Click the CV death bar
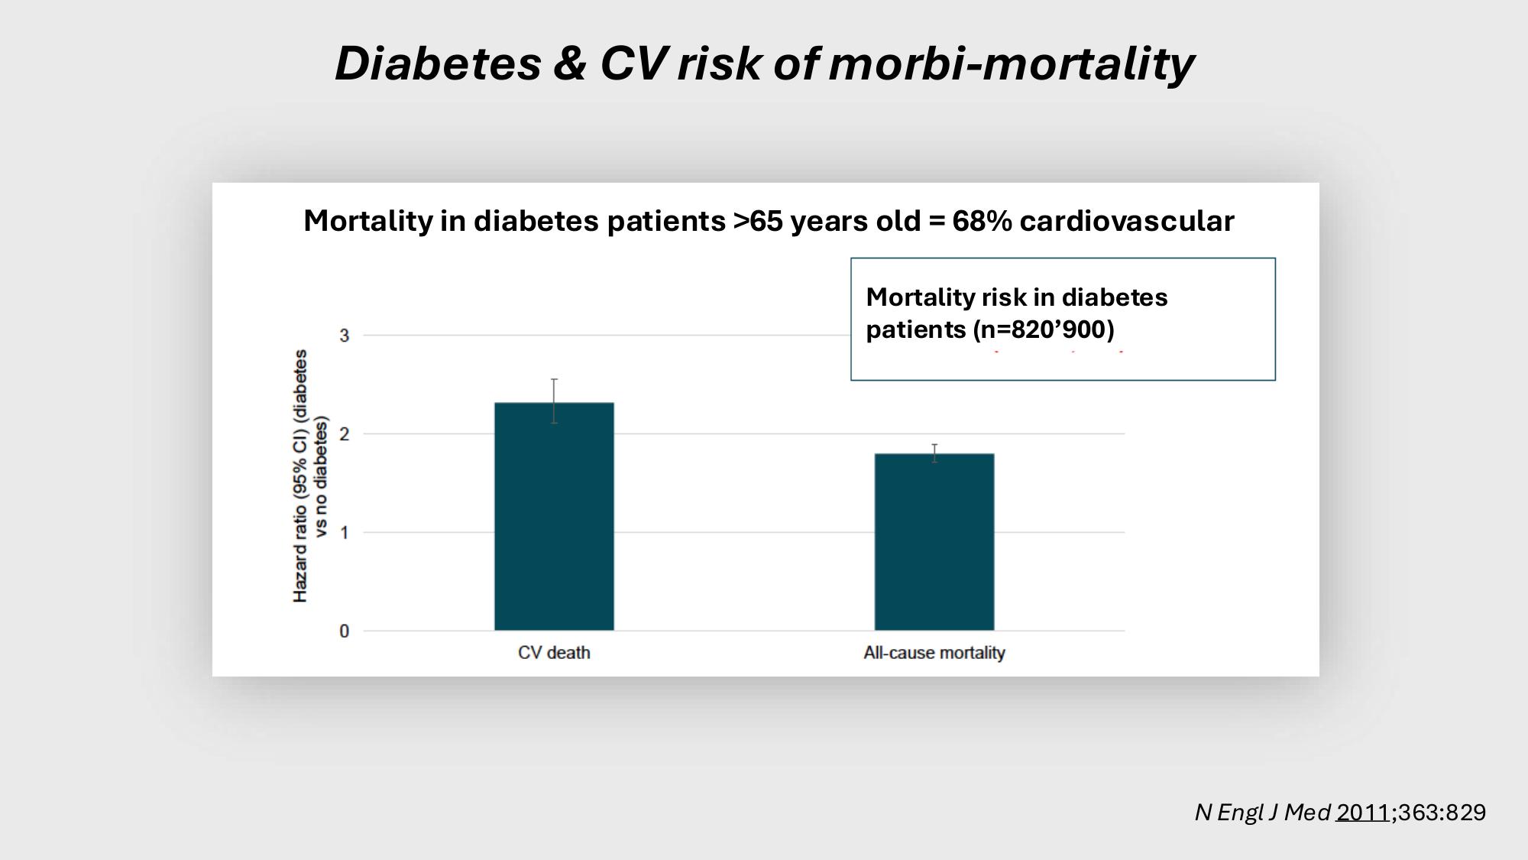(554, 516)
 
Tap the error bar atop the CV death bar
(554, 401)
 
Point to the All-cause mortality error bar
(934, 453)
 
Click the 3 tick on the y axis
(345, 336)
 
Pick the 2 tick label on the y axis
(345, 434)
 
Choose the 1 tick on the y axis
(345, 533)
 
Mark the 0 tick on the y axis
(345, 631)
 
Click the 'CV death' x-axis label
(554, 653)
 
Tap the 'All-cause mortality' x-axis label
(934, 653)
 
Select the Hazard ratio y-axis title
(310, 475)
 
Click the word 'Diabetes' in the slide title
(438, 63)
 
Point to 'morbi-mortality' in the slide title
(1011, 63)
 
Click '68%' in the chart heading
(982, 221)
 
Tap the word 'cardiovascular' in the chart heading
(1126, 221)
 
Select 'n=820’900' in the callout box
(1043, 329)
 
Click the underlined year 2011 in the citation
(1362, 812)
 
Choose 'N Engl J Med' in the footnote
(1262, 812)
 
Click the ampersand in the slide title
(570, 63)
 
